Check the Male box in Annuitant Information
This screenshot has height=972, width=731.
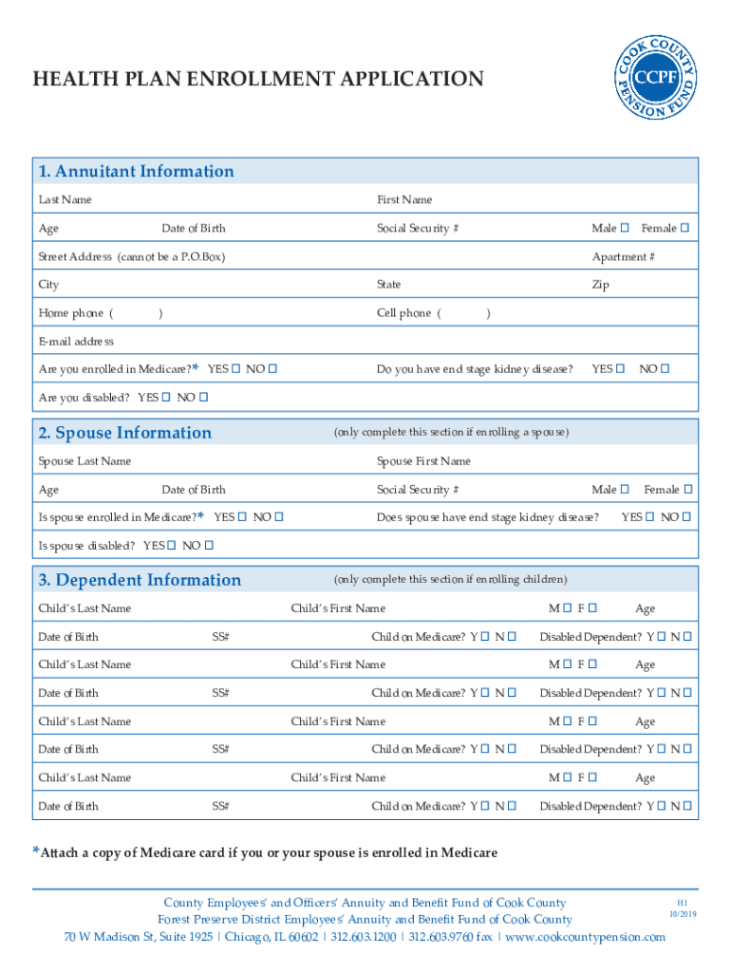(625, 229)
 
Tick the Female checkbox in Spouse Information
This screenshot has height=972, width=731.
(688, 490)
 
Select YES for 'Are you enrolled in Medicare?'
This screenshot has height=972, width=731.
(235, 368)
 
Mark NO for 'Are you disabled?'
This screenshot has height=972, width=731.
(204, 397)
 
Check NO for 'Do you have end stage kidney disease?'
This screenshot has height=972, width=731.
(665, 368)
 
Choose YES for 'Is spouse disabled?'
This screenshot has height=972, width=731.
(171, 546)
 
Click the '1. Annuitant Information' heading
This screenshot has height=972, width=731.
(136, 172)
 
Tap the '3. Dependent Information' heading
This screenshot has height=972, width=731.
(140, 580)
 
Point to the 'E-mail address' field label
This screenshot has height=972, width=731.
(76, 341)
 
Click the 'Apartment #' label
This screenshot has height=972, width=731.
(623, 257)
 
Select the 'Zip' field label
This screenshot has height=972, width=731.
(600, 285)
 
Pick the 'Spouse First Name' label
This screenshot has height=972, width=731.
(423, 461)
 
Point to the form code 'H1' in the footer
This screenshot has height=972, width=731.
(682, 902)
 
